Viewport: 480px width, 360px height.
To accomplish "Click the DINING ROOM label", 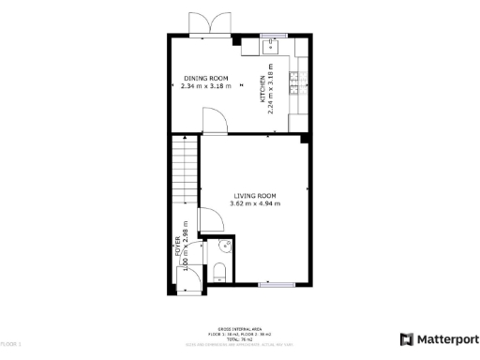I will tap(206, 77).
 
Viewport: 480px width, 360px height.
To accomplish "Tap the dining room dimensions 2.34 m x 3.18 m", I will tap(206, 85).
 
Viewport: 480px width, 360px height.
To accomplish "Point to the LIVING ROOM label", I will tap(255, 196).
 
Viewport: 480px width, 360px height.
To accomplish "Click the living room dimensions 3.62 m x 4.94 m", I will tap(255, 204).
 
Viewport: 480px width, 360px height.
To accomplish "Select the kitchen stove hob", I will tap(294, 85).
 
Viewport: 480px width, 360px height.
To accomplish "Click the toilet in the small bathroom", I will tap(218, 273).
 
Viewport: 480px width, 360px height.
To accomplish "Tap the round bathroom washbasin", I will tap(226, 247).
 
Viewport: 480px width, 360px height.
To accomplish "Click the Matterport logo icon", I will tap(406, 339).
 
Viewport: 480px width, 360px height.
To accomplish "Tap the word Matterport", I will tap(444, 339).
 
